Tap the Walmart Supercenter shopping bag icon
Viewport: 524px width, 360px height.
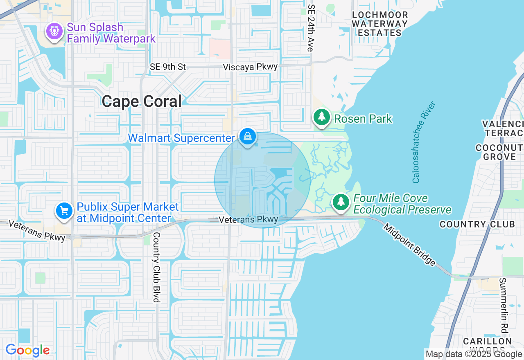pos(248,137)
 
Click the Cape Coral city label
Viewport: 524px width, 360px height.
pos(142,101)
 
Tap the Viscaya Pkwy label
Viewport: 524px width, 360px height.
pos(251,67)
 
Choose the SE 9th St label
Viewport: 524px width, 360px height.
pos(168,67)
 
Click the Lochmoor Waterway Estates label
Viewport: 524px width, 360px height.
pos(379,24)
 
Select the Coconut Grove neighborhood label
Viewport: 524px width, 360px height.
pos(499,152)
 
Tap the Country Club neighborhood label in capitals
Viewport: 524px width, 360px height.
pos(477,224)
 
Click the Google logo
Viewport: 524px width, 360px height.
pos(27,350)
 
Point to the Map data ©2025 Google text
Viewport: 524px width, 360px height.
pos(474,354)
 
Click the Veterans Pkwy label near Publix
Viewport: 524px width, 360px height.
pos(37,230)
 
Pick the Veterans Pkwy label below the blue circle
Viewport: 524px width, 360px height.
pos(248,220)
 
